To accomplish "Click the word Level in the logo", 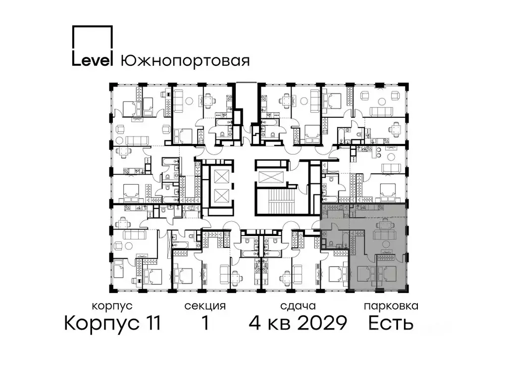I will pos(93,60).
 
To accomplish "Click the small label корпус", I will pos(112,306).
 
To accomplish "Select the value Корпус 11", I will pos(112,324).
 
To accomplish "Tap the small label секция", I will pos(205,306).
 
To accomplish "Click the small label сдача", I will pos(297,306).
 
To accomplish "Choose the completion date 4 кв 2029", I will pos(297,324).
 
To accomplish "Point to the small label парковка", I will pos(391,306).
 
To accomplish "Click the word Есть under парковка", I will pos(391,324).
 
